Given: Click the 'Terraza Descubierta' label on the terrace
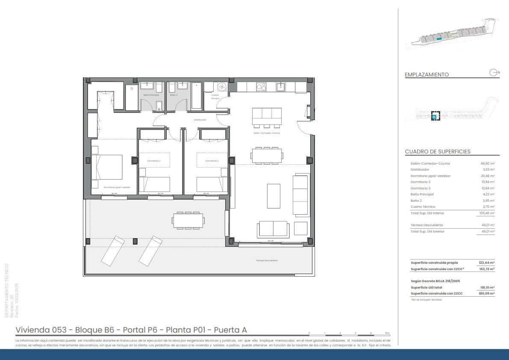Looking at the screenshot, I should coord(267,260).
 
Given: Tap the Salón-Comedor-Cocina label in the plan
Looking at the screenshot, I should coord(266,133).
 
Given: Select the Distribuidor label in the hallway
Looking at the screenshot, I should coord(200,120).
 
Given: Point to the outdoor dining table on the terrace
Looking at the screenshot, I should coord(188,221).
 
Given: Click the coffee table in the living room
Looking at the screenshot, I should coord(274,196).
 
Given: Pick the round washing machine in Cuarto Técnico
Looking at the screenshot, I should coord(222,87).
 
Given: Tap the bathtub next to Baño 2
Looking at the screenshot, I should coord(197,96).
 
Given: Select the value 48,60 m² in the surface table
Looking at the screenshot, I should coord(488,163).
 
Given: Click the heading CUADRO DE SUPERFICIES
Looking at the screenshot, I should coord(438,152).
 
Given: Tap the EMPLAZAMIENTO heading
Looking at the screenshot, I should coord(427,74).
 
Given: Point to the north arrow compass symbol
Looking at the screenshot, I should coord(493,72).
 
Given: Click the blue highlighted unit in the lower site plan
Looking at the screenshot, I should coord(435,116).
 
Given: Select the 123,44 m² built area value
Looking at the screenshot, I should coord(487,263).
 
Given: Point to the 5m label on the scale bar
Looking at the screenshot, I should coord(387,333).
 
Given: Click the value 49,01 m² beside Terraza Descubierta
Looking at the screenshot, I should coord(488,225).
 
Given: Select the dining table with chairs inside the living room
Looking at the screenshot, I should coord(267,155).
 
